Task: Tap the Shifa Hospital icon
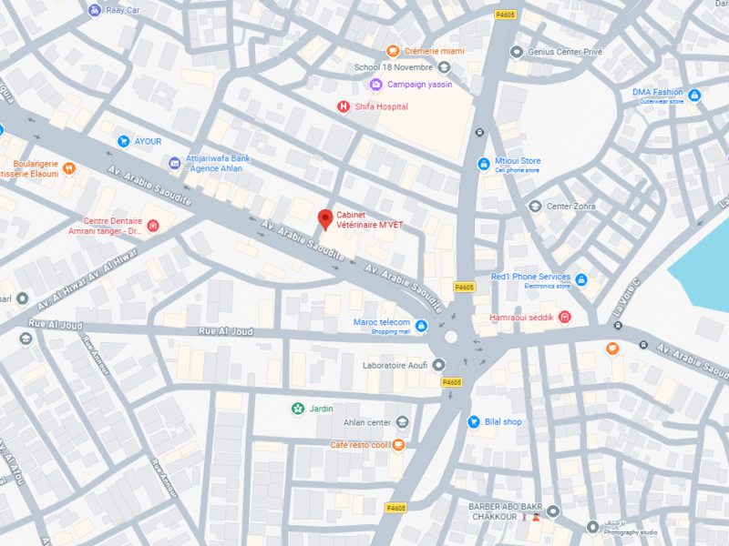tap(344, 106)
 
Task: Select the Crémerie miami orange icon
tap(393, 51)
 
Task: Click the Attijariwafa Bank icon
tap(174, 163)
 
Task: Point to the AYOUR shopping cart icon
tap(124, 141)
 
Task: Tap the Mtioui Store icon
tap(484, 164)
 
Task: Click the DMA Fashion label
tap(657, 92)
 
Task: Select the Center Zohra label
tap(570, 206)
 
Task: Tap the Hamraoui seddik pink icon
tap(565, 317)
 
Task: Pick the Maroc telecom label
tap(382, 322)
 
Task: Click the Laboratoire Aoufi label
tap(395, 364)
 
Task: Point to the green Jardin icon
tap(297, 409)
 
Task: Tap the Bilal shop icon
tap(474, 421)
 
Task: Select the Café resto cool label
tap(360, 445)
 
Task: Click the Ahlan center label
tap(367, 422)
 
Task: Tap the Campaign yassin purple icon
tap(375, 85)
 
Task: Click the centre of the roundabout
tap(451, 337)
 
